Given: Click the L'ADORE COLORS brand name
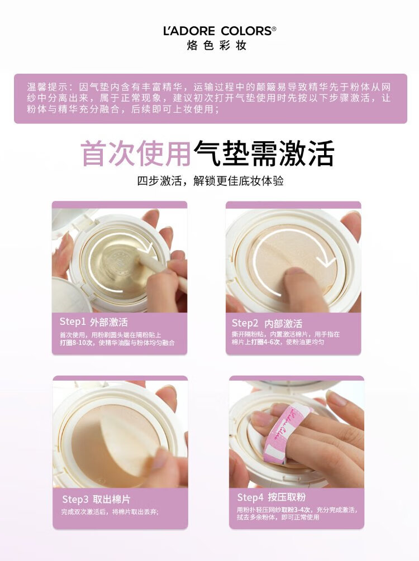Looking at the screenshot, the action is click(x=217, y=31).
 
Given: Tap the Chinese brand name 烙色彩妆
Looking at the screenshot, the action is click(x=217, y=45).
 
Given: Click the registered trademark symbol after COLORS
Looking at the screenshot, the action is click(x=274, y=28).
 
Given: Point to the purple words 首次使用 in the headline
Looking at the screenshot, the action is click(x=135, y=154).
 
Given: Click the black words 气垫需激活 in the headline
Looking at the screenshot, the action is click(x=264, y=154).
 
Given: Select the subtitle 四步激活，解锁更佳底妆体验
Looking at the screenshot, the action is click(x=210, y=181).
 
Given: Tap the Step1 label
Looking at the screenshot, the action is click(x=72, y=322).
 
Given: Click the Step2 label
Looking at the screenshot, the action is click(x=245, y=323).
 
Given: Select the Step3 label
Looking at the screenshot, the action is click(x=75, y=499).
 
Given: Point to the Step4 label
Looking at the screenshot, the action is click(x=250, y=497).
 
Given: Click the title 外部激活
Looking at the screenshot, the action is click(x=109, y=322).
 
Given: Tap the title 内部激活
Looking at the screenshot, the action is click(x=283, y=323).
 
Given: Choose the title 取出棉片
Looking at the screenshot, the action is click(x=112, y=499).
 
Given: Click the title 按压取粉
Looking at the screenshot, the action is click(x=287, y=497).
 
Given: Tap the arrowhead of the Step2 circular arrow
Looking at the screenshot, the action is click(x=326, y=261).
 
